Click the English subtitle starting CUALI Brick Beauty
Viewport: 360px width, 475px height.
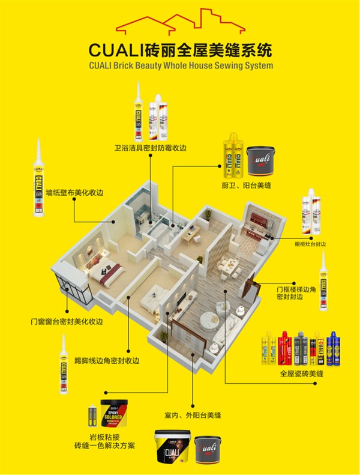tap(180, 64)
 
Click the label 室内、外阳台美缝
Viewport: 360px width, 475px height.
tap(193, 414)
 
